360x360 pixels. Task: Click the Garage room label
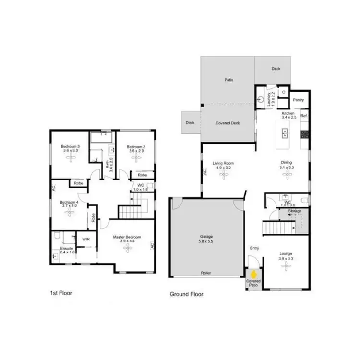tap(206, 237)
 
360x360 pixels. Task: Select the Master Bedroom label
tap(127, 237)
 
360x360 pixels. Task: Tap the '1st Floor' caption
tap(60, 292)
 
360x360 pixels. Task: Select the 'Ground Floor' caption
tap(187, 294)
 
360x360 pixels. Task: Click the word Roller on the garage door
tap(206, 273)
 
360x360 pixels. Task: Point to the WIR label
tap(86, 239)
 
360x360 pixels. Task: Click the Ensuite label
tap(66, 248)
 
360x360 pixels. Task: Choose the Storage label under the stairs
tap(295, 211)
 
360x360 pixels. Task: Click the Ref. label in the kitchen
tap(304, 116)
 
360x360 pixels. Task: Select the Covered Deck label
tap(228, 123)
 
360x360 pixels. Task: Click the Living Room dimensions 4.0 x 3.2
tap(223, 168)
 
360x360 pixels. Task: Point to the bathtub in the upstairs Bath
tap(101, 138)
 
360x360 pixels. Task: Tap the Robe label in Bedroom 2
tap(142, 175)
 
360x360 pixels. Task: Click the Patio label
tap(228, 80)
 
